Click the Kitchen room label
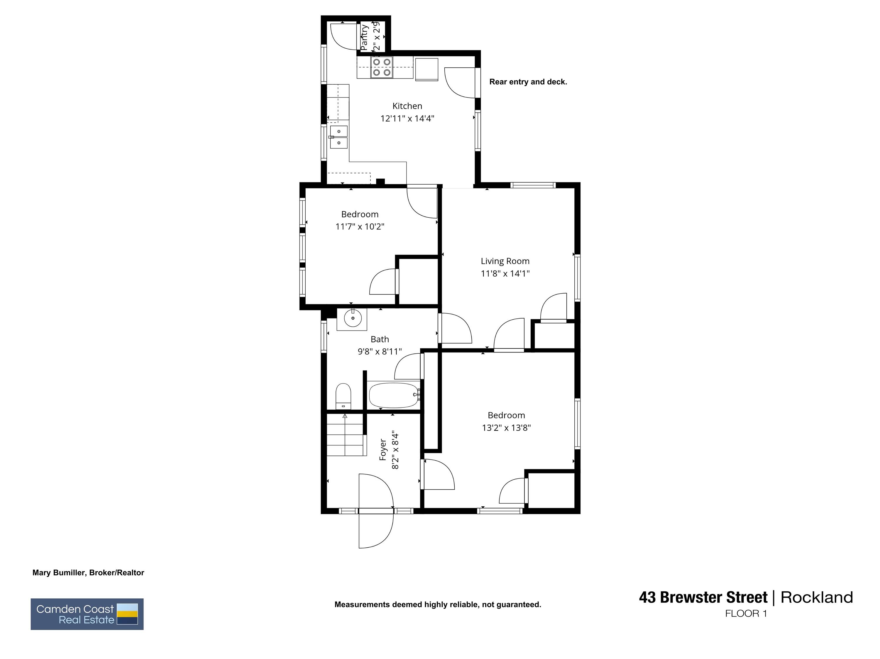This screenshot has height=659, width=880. [x=407, y=106]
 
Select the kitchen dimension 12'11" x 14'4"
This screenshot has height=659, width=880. [x=407, y=118]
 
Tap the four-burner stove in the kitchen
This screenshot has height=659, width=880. [x=382, y=67]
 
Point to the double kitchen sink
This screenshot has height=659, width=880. [x=339, y=137]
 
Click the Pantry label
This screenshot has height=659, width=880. [x=364, y=38]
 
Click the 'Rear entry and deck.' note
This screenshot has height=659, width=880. [x=528, y=82]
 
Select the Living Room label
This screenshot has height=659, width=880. [x=505, y=261]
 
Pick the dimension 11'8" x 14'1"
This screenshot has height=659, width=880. [x=505, y=273]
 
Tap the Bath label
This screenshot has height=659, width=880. [x=380, y=339]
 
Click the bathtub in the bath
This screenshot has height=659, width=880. [x=393, y=395]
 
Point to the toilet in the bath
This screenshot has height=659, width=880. [x=343, y=396]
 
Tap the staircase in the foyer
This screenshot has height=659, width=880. [x=345, y=435]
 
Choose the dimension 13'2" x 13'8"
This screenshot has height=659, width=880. [x=506, y=428]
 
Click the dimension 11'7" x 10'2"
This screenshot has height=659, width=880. [x=360, y=227]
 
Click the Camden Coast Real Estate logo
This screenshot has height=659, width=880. [x=87, y=614]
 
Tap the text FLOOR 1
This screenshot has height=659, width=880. [x=746, y=614]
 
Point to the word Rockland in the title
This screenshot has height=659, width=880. [x=817, y=597]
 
